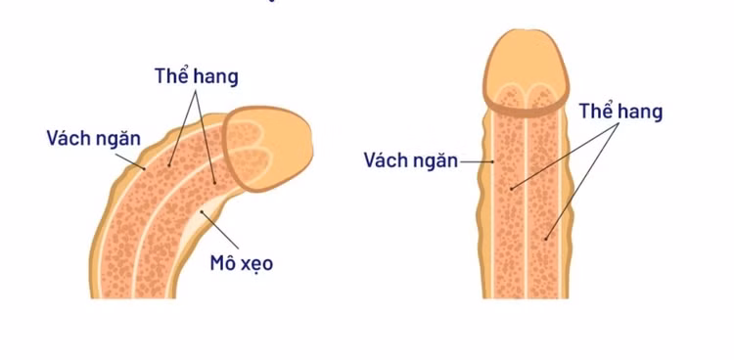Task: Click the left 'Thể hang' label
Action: [196, 75]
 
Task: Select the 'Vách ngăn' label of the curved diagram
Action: [93, 137]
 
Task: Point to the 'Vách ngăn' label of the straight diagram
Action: [410, 159]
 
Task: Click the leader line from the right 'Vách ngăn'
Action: [474, 159]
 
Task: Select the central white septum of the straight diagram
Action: [528, 205]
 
